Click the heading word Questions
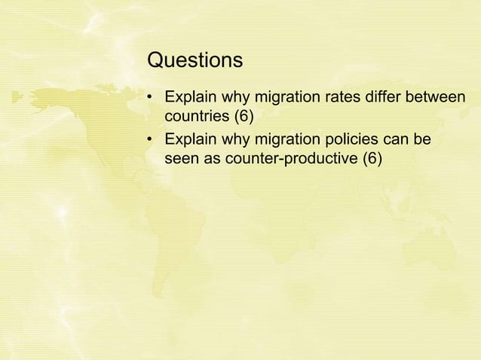click(195, 59)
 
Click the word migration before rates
click(292, 99)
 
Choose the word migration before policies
click(292, 140)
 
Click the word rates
click(347, 99)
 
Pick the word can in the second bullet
click(400, 140)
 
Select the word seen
click(182, 159)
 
